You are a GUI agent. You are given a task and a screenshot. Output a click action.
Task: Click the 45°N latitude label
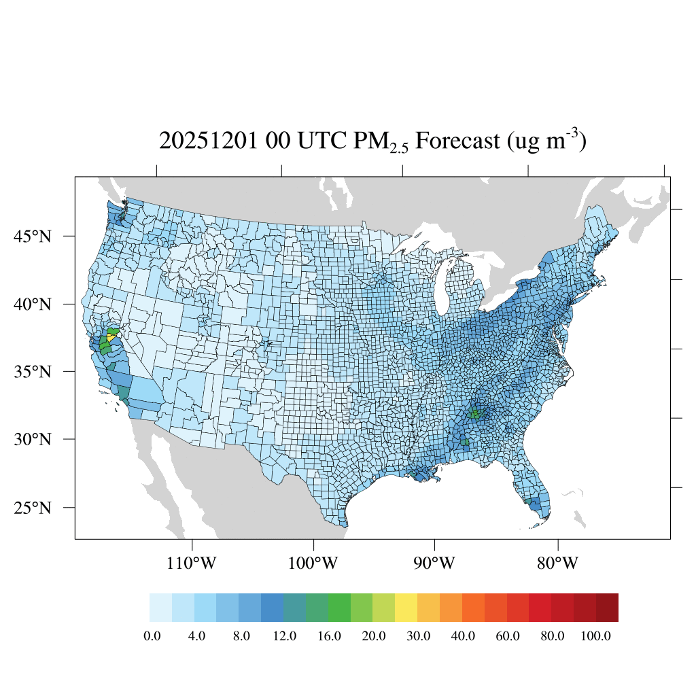[x=33, y=237]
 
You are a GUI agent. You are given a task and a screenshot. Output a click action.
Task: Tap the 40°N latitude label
[x=33, y=304]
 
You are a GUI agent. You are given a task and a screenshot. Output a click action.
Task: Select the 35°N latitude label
[x=33, y=372]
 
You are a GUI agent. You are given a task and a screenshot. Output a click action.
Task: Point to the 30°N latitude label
[x=33, y=439]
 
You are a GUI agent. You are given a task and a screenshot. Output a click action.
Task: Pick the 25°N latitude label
[x=33, y=508]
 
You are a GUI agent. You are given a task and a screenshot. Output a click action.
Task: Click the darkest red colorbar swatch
[x=607, y=608]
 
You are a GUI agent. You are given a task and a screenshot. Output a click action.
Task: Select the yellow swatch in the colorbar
[x=406, y=608]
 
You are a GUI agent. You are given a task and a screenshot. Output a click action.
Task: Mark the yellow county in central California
[x=111, y=338]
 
